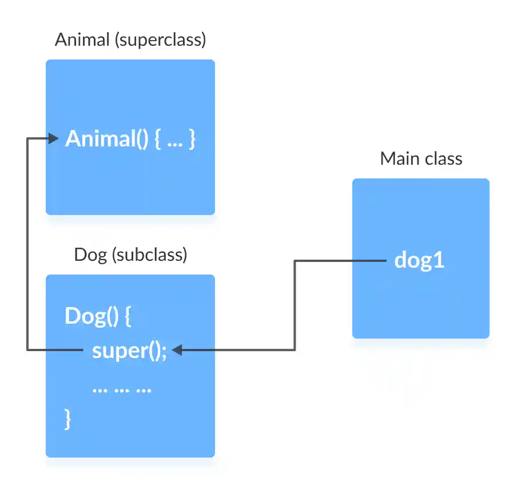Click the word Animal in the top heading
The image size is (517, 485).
(82, 40)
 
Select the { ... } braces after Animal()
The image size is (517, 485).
(175, 139)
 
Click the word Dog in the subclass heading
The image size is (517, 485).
(90, 255)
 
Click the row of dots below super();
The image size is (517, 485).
(121, 389)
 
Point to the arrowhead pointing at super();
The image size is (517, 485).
(177, 350)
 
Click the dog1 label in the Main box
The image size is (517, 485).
(419, 261)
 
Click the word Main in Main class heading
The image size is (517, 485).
(398, 158)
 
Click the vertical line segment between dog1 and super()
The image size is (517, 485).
(295, 306)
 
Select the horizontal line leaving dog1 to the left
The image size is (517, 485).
(340, 261)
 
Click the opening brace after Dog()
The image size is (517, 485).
(128, 316)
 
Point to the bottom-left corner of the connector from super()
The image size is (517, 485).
(27, 349)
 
